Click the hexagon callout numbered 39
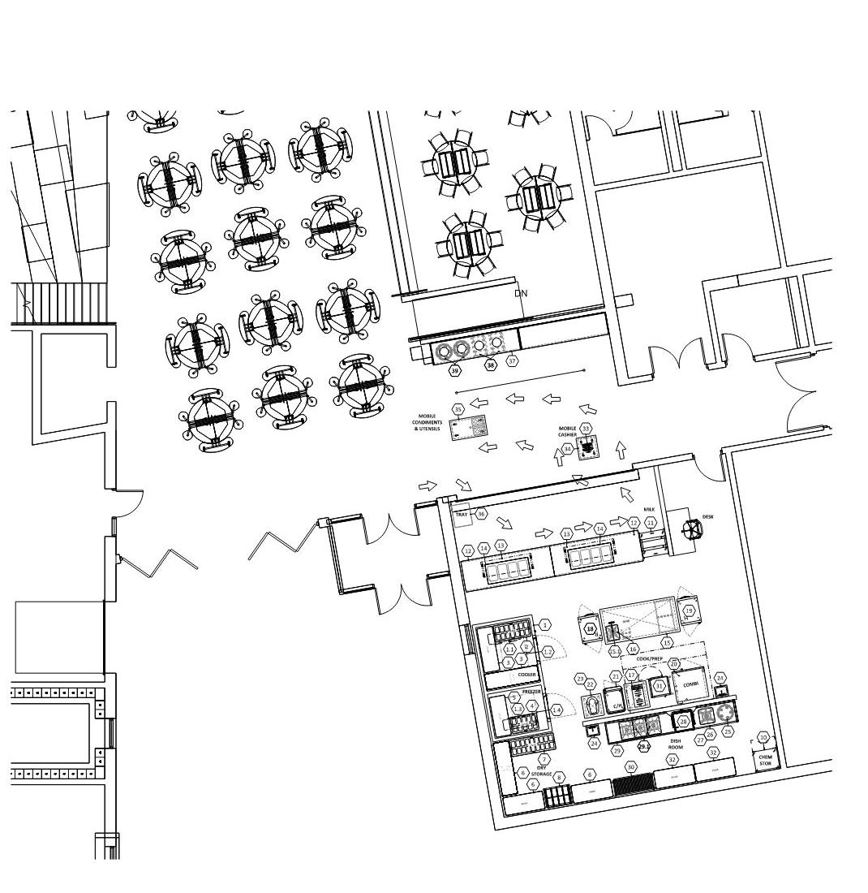pos(455,370)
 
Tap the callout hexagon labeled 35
pos(458,410)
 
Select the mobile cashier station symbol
pos(590,447)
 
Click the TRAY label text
pos(462,515)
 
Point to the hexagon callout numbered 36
pos(481,514)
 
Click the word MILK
pos(649,510)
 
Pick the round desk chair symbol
pos(692,529)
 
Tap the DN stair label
pos(521,293)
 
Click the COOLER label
pos(527,675)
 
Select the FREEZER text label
pos(531,692)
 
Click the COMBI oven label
pos(690,684)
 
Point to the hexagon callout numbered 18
pos(590,628)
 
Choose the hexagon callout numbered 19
pos(689,610)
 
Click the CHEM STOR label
pos(764,760)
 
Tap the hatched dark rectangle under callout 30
pos(632,785)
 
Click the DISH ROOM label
pos(676,744)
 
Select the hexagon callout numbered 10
pos(763,737)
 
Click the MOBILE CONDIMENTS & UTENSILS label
pos(428,422)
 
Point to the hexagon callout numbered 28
pos(683,721)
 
